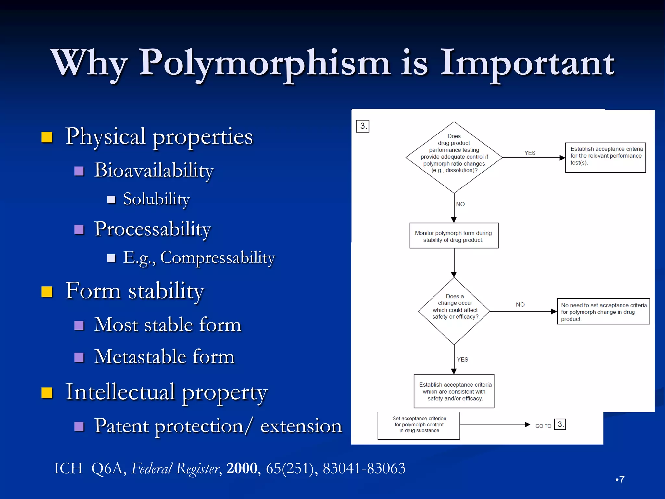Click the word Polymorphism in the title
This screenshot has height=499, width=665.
pyautogui.click(x=264, y=63)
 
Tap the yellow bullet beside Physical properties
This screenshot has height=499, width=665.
pyautogui.click(x=47, y=137)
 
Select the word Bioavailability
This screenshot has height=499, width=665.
pyautogui.click(x=154, y=170)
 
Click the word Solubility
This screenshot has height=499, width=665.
pyautogui.click(x=156, y=199)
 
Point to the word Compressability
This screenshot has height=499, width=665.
pyautogui.click(x=218, y=258)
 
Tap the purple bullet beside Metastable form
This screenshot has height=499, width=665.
pyautogui.click(x=79, y=357)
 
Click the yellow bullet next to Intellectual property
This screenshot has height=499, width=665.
pyautogui.click(x=47, y=392)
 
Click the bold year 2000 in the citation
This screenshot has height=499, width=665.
pyautogui.click(x=242, y=468)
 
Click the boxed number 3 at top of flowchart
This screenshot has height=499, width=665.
pyautogui.click(x=362, y=126)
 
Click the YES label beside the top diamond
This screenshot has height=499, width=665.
pyautogui.click(x=530, y=153)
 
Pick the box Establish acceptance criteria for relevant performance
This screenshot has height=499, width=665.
pyautogui.click(x=605, y=157)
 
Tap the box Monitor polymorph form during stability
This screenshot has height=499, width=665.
pyautogui.click(x=454, y=236)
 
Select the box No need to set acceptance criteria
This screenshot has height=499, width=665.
pyautogui.click(x=603, y=311)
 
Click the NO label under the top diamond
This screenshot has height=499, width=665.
pyautogui.click(x=460, y=204)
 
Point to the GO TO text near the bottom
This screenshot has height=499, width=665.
pyautogui.click(x=543, y=426)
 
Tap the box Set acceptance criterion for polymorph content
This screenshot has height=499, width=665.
pyautogui.click(x=419, y=425)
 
